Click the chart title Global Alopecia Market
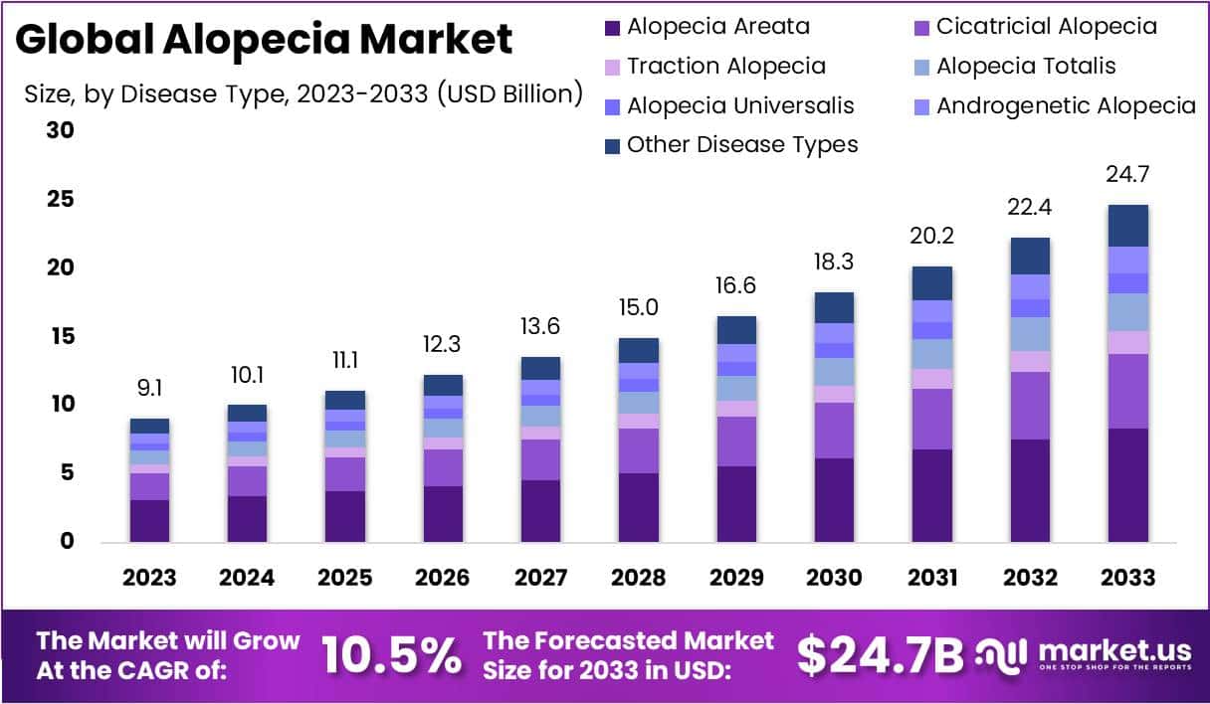(x=264, y=40)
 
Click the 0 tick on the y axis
(x=68, y=542)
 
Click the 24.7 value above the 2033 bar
(x=1128, y=175)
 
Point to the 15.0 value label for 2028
(x=637, y=308)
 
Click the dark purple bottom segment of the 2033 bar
(x=1128, y=485)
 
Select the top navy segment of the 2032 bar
(x=1031, y=256)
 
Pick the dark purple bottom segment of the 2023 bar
(x=149, y=520)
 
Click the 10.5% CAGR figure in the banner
(x=392, y=654)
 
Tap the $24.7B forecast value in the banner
(x=881, y=654)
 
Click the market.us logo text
(x=1114, y=650)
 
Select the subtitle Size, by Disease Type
(x=303, y=94)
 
